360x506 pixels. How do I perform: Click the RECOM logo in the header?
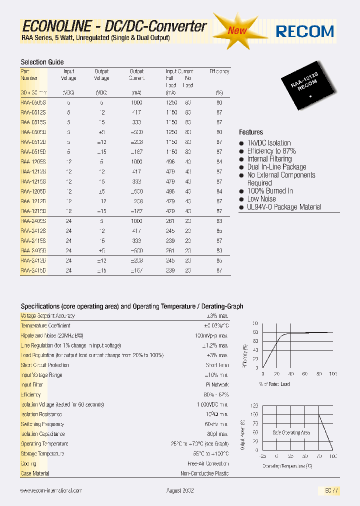point(305,31)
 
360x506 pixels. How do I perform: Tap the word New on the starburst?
point(237,30)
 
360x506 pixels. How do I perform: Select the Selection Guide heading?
point(42,62)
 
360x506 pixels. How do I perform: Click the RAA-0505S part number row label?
point(33,102)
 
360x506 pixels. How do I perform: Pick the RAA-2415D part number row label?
point(33,270)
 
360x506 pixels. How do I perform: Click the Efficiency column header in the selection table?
point(219,71)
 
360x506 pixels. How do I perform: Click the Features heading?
point(251,132)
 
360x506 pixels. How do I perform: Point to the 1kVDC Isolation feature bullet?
point(268,143)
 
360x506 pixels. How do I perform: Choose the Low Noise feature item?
point(261,199)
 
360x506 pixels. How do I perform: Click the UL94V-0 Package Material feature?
point(284,207)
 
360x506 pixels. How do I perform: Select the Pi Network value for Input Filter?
point(217,385)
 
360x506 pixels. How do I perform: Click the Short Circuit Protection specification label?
point(45,365)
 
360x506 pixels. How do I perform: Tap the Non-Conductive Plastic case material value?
point(204,473)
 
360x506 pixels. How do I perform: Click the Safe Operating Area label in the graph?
point(291,432)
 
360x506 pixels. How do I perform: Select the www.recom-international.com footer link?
point(51,491)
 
